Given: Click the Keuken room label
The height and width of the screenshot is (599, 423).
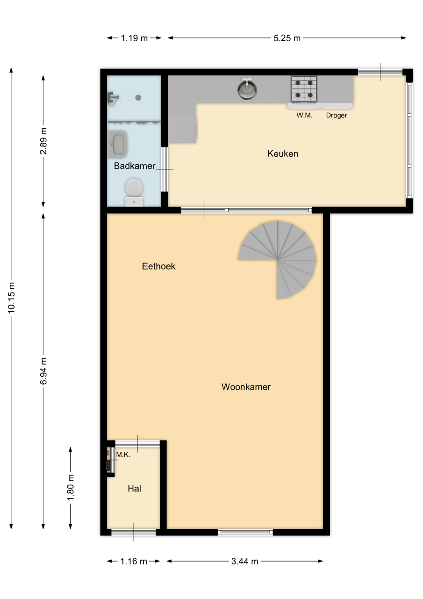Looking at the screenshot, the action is tap(283, 153).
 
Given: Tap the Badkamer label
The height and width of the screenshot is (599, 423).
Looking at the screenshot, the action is tap(135, 166).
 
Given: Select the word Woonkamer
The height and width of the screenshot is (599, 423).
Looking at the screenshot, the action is tap(246, 387).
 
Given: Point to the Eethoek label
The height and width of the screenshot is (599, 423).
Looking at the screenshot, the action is tap(158, 266).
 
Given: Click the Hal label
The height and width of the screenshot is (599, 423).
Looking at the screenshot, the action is tap(134, 489).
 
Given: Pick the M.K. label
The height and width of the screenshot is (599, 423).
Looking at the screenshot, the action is tap(123, 454).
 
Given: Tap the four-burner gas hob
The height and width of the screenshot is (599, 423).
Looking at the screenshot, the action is tap(304, 89).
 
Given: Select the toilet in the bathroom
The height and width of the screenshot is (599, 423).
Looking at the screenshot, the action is tap(134, 192).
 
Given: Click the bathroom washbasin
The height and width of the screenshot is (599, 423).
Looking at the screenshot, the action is tap(117, 144).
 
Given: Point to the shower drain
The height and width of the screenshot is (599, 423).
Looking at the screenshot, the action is tap(138, 98).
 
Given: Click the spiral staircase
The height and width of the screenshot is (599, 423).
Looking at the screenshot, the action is tap(277, 259).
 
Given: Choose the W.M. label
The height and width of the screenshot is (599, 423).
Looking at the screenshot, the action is tap(304, 115).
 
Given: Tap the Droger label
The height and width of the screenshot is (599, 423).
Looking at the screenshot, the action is tap(337, 115).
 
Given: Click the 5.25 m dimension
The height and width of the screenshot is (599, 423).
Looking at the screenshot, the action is tap(287, 38).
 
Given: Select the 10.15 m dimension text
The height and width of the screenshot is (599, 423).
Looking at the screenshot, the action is tap(12, 297).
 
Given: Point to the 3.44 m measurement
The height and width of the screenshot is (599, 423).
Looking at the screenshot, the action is tap(245, 561).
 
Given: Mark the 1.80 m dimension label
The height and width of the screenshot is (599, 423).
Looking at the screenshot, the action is tap(71, 488).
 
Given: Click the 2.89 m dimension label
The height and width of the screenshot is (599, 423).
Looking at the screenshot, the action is tap(43, 141).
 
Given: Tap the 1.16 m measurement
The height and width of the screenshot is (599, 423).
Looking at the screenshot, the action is tap(134, 561).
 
